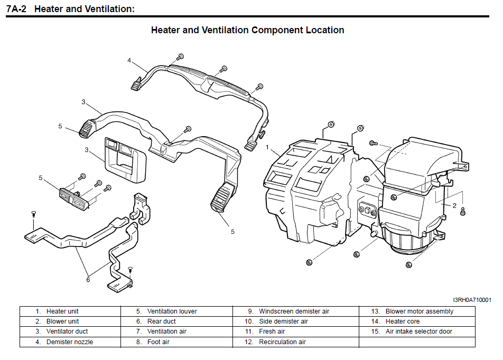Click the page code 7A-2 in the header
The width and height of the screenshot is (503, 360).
click(16, 9)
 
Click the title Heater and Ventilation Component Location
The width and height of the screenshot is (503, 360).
click(247, 30)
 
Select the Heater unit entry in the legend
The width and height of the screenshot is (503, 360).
click(62, 311)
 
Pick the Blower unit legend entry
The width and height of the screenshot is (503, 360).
click(62, 321)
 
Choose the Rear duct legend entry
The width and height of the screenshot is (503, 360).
click(162, 321)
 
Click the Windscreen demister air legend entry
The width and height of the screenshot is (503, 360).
click(294, 311)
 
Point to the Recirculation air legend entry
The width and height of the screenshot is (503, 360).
click(282, 342)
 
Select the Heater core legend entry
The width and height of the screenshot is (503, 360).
click(402, 321)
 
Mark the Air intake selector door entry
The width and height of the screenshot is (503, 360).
click(418, 331)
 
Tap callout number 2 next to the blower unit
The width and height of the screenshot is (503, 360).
click(454, 205)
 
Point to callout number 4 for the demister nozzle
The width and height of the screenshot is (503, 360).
click(129, 60)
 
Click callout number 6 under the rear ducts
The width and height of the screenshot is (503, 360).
click(88, 279)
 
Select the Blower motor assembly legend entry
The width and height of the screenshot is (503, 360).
click(419, 311)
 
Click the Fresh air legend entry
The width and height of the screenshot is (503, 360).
click(272, 331)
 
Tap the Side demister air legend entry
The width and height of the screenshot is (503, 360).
click(283, 321)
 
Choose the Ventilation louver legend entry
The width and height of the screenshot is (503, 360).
click(172, 311)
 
